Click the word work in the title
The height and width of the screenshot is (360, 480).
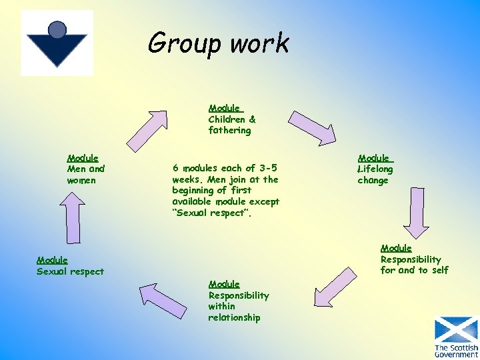pos(261,43)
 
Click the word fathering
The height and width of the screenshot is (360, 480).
pos(229,131)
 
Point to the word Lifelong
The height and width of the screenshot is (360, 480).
pos(375,169)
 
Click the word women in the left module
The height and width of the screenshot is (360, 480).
pos(81,181)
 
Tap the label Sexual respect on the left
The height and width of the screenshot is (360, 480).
pos(71,271)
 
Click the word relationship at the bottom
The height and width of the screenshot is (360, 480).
pos(234,318)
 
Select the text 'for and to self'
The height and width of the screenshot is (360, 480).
pos(414,270)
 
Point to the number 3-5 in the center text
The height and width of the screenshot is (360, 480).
pos(267,168)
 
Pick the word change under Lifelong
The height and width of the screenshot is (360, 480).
pos(373,181)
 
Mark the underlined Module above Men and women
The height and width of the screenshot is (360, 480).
pos(83,158)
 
